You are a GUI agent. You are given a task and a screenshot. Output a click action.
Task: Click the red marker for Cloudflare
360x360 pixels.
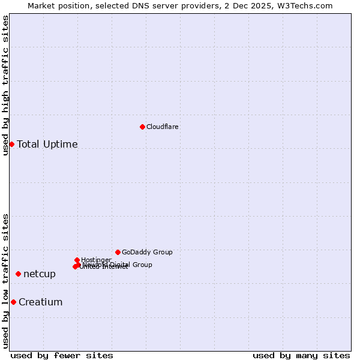click(x=142, y=127)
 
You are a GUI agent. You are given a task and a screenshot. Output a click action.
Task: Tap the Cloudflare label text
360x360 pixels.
click(x=163, y=127)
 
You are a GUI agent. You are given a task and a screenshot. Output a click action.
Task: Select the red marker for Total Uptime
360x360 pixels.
click(x=11, y=144)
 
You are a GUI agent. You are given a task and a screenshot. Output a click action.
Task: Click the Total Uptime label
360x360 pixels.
click(x=47, y=144)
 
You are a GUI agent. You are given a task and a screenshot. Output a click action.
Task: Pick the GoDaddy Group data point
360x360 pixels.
click(x=118, y=252)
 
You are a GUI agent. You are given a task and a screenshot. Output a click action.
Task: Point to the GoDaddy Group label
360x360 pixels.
click(x=147, y=253)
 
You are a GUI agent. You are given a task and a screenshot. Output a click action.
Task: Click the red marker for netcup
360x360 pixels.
click(x=18, y=274)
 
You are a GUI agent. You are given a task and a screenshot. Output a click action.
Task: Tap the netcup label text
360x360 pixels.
click(x=40, y=274)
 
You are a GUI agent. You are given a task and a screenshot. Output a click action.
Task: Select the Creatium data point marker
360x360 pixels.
click(x=13, y=302)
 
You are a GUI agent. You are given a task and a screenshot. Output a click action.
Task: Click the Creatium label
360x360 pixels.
click(x=41, y=302)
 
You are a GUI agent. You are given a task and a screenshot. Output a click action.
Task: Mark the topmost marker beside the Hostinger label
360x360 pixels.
click(x=77, y=260)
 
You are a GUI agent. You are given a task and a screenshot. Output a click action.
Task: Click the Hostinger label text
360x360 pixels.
click(x=96, y=260)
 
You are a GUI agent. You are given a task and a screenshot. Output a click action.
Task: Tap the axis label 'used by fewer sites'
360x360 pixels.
click(x=62, y=355)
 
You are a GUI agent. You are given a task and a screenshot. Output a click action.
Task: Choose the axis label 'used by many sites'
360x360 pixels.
click(x=301, y=355)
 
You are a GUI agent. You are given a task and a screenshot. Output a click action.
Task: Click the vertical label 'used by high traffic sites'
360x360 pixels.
click(x=5, y=85)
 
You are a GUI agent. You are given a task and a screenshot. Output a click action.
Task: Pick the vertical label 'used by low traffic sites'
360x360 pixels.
click(x=5, y=281)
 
